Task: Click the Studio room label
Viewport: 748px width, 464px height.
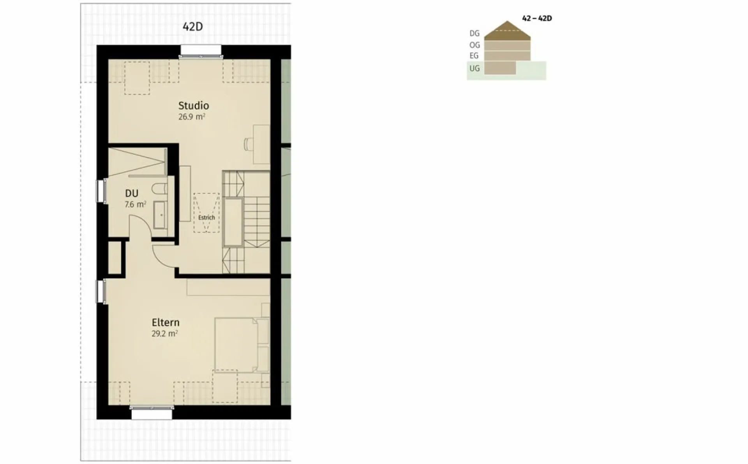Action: (194, 106)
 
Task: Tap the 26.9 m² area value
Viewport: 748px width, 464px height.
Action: (192, 117)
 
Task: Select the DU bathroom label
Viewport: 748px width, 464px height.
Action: (132, 193)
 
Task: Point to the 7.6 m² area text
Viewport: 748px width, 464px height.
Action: (135, 204)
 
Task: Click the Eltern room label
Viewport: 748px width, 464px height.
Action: (166, 322)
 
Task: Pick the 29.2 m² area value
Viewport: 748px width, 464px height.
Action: (165, 334)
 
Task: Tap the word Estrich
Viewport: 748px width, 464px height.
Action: (206, 218)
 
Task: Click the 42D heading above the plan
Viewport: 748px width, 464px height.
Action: (193, 27)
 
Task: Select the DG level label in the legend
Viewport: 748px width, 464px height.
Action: (475, 34)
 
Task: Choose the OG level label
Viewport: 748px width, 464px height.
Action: (475, 45)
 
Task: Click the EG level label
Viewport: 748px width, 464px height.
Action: (474, 56)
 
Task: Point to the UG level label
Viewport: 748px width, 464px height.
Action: (475, 69)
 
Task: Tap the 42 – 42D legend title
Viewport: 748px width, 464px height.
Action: (537, 18)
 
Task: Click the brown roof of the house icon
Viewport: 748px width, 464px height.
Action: (507, 31)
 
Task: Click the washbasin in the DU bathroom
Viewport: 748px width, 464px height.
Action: (160, 215)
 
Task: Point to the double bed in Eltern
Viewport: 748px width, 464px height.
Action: (242, 345)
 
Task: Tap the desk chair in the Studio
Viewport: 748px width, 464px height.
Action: (248, 143)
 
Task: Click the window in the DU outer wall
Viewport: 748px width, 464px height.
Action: (101, 191)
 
